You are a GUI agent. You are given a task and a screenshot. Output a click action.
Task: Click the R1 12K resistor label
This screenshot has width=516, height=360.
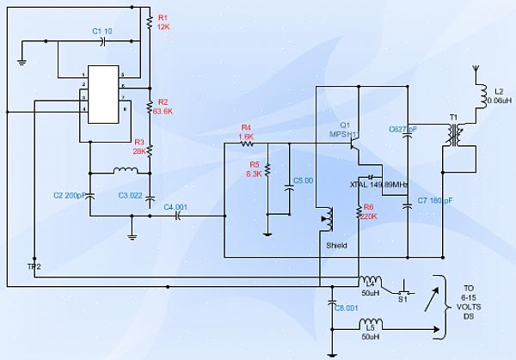pos(163,21)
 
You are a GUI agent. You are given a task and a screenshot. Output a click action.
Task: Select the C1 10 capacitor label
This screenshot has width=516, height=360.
pos(102,31)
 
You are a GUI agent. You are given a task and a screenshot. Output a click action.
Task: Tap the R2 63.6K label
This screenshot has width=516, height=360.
pos(162,106)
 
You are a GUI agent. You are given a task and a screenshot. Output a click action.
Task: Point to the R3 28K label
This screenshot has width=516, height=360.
pos(138,146)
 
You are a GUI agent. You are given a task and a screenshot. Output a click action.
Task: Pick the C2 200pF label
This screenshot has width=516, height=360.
pos(68,196)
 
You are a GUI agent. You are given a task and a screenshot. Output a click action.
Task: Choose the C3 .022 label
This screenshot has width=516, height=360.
pos(131,196)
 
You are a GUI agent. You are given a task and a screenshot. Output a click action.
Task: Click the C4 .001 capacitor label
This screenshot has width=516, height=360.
pos(175,206)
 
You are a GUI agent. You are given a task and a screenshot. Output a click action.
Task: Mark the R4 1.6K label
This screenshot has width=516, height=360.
pos(245,132)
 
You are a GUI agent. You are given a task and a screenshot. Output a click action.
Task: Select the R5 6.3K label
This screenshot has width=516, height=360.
pos(254,168)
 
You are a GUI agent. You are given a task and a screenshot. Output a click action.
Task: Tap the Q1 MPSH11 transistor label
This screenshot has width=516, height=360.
pos(344,129)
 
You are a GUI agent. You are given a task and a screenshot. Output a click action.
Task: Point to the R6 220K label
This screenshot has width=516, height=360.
pos(369,211)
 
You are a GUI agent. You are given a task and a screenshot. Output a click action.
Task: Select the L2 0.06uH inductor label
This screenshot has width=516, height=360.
pos(499,96)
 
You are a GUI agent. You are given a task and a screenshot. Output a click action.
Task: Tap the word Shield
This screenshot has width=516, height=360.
pos(337,244)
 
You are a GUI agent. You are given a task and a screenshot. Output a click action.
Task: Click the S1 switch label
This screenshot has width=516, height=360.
pos(402,299)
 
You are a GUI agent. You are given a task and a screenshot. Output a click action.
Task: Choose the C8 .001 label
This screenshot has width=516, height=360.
pos(346,308)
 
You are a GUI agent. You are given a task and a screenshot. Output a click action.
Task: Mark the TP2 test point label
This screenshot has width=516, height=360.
pos(34,266)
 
